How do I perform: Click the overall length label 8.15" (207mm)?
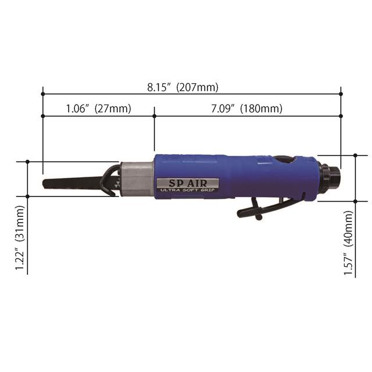point(183,88)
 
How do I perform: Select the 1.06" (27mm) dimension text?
point(98,109)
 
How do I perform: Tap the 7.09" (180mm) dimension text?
point(247,109)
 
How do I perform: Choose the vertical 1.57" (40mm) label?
point(349,244)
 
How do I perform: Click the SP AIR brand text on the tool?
point(187,182)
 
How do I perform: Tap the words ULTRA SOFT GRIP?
point(187,190)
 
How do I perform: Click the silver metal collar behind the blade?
point(137,178)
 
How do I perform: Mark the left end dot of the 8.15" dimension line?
point(43,93)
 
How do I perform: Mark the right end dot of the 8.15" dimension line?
point(341,93)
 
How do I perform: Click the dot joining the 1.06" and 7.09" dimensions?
point(154,116)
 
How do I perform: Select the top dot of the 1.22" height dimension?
point(28,162)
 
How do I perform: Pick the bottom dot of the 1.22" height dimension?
point(28,196)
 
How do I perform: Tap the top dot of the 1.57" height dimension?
point(356,155)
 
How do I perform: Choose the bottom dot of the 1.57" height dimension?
point(356,201)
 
